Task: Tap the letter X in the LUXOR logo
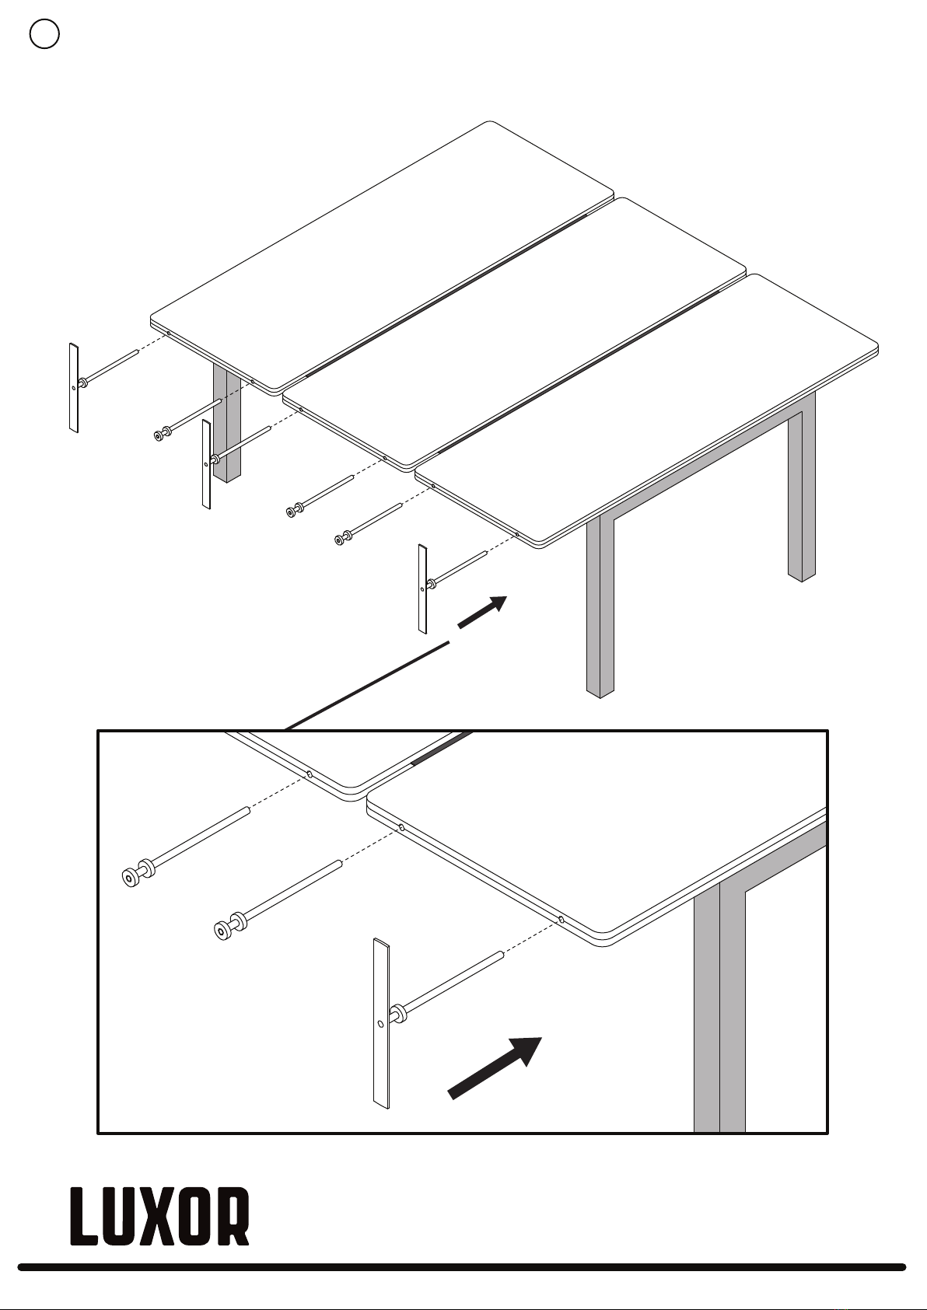coord(159,1216)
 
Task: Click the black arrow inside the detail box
coord(495,1068)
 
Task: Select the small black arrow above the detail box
coord(482,612)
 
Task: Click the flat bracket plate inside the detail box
coord(381,1023)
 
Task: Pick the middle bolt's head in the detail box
coord(222,931)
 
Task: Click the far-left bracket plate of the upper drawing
coord(74,388)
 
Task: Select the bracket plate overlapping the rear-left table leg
coord(206,464)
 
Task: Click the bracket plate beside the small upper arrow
coord(422,589)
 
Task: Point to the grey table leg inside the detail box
coord(719,1006)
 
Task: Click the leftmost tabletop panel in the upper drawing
coord(383,257)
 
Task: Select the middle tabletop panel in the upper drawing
coord(515,334)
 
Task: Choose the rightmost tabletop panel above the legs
coord(647,410)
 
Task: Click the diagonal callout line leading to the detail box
coord(367,686)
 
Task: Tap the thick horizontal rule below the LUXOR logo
coord(462,1267)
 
